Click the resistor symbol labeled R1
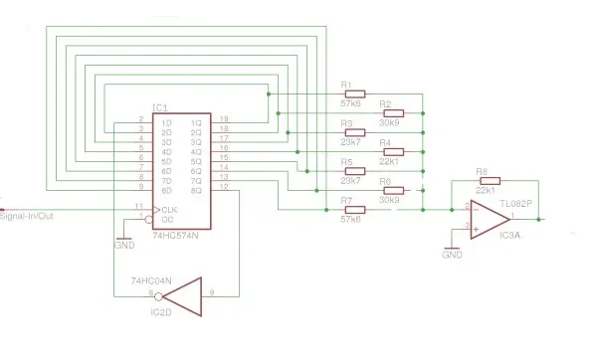click(x=353, y=95)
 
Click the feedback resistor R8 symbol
click(x=489, y=181)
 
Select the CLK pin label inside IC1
click(x=170, y=209)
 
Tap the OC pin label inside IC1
click(x=168, y=219)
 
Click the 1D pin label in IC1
click(x=167, y=122)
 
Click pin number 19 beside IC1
click(x=223, y=118)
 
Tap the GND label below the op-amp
click(x=453, y=255)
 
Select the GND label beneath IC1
click(x=124, y=244)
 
